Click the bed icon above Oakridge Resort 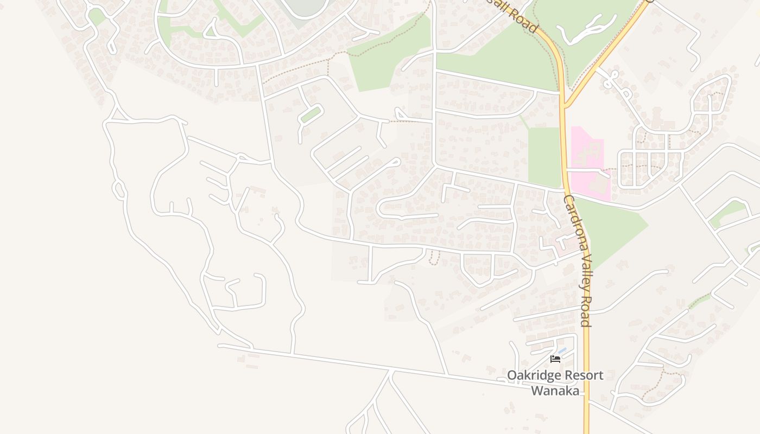pyautogui.click(x=555, y=359)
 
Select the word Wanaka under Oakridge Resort pyautogui.click(x=555, y=391)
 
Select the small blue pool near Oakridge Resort pyautogui.click(x=562, y=351)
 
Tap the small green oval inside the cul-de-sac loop pyautogui.click(x=311, y=114)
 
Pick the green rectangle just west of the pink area pyautogui.click(x=543, y=156)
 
